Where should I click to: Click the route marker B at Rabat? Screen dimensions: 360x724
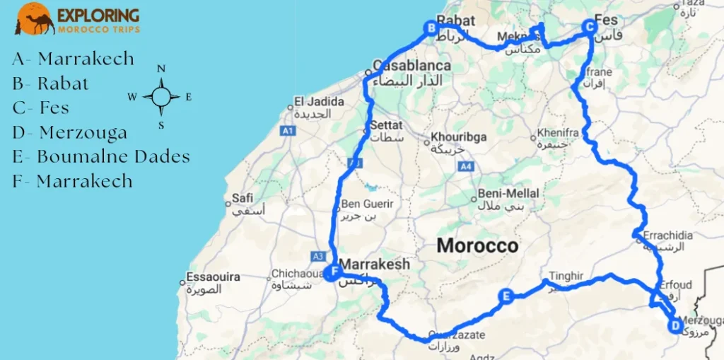point(431,28)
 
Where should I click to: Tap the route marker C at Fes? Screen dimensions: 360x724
point(588,27)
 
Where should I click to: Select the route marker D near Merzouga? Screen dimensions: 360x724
point(675,326)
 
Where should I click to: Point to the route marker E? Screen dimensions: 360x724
point(506,296)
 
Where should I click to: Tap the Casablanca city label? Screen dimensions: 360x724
point(411,66)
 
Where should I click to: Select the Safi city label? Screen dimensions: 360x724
point(243,199)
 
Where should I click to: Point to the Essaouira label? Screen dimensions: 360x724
point(213,277)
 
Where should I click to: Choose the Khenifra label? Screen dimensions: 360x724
point(558,132)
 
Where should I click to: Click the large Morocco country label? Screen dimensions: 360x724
point(477,246)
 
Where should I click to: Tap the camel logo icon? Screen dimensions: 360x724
point(35,18)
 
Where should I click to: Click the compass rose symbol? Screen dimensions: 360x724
point(161,98)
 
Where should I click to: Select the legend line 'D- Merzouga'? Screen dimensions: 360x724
point(70,132)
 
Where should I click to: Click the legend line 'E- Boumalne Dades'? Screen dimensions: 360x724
point(101,156)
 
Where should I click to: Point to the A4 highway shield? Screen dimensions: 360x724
point(465,166)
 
